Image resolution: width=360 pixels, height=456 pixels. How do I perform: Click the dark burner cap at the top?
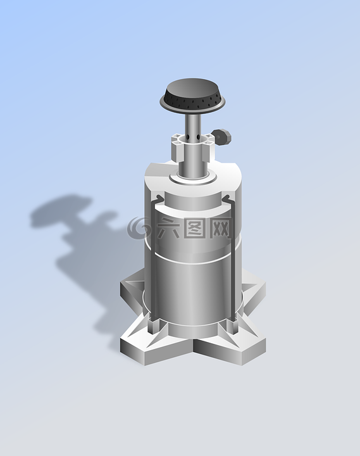192,95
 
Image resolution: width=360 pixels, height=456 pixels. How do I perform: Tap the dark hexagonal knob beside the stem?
223,137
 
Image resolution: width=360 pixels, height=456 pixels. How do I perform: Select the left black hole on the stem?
188,137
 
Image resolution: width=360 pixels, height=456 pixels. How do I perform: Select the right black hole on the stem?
198,137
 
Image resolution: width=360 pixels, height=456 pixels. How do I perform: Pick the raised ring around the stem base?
193,178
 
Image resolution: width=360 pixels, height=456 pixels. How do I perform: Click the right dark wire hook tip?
227,198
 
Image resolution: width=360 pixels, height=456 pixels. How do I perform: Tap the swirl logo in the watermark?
138,228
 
